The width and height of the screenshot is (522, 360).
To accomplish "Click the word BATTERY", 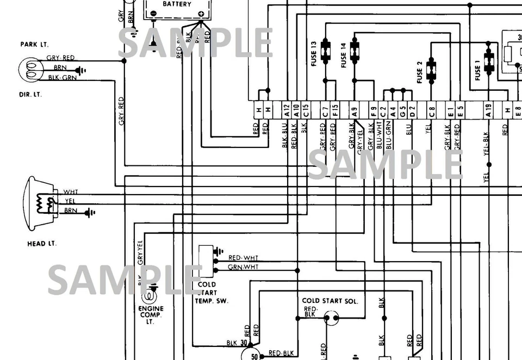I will pyautogui.click(x=177, y=4).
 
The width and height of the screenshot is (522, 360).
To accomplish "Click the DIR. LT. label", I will pyautogui.click(x=30, y=95).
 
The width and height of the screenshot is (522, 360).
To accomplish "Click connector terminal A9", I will pyautogui.click(x=355, y=111).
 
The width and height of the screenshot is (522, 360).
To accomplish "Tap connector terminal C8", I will pyautogui.click(x=432, y=111).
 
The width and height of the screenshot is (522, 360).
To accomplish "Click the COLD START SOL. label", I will pyautogui.click(x=330, y=301).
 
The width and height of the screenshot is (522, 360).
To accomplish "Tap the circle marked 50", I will pyautogui.click(x=253, y=356).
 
